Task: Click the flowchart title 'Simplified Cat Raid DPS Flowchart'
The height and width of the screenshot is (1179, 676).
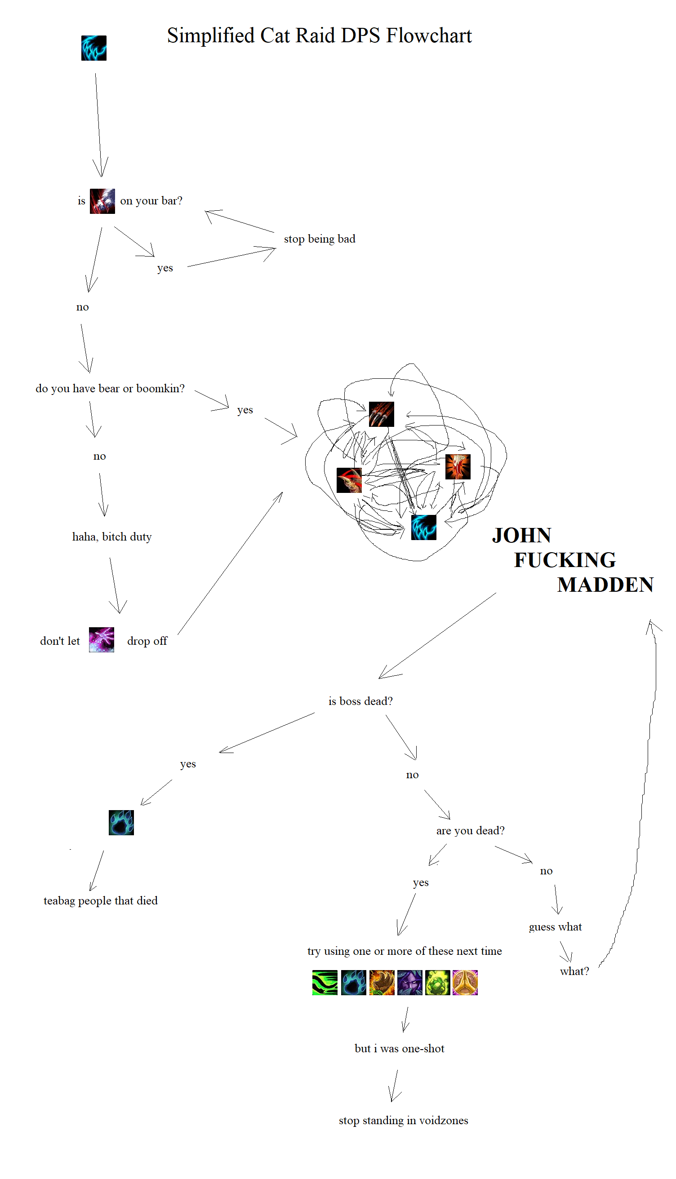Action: (319, 36)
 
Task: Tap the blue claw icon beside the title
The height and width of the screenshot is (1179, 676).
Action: (94, 48)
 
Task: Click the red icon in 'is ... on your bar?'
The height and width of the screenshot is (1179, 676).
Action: (102, 201)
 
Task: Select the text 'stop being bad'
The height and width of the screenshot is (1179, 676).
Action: (320, 239)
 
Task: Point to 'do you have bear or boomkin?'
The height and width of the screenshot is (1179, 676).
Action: (110, 388)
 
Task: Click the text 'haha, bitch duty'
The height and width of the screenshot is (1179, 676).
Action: (112, 537)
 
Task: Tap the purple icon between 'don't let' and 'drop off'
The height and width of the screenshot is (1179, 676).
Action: (101, 640)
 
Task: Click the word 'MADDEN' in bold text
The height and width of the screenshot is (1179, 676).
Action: (605, 585)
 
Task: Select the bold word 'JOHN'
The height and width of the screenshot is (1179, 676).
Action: (521, 536)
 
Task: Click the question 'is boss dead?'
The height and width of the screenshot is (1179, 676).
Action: (360, 701)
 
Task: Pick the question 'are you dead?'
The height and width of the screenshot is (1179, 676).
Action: (470, 830)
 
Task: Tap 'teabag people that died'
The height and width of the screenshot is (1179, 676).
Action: (101, 900)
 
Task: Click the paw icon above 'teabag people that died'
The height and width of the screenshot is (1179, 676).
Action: (121, 823)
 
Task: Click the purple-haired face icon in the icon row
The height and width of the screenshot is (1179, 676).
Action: (409, 982)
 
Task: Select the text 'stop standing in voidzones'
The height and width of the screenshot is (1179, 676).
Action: (403, 1121)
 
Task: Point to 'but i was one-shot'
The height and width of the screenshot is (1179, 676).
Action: (399, 1049)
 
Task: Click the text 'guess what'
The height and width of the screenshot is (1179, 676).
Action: (555, 927)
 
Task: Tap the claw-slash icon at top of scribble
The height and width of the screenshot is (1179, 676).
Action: (381, 414)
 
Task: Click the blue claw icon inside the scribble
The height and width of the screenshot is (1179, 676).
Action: (423, 527)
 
